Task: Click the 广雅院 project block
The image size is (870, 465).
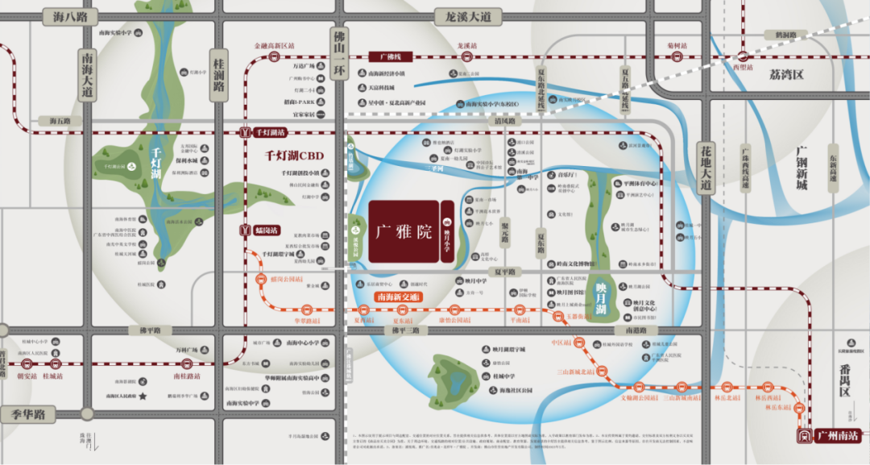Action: tap(404, 231)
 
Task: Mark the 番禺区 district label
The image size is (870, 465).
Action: tap(843, 380)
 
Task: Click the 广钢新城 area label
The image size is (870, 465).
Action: tap(801, 168)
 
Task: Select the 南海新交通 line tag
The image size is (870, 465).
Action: tap(400, 297)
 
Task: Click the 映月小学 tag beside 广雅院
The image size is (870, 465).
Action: tap(446, 231)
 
